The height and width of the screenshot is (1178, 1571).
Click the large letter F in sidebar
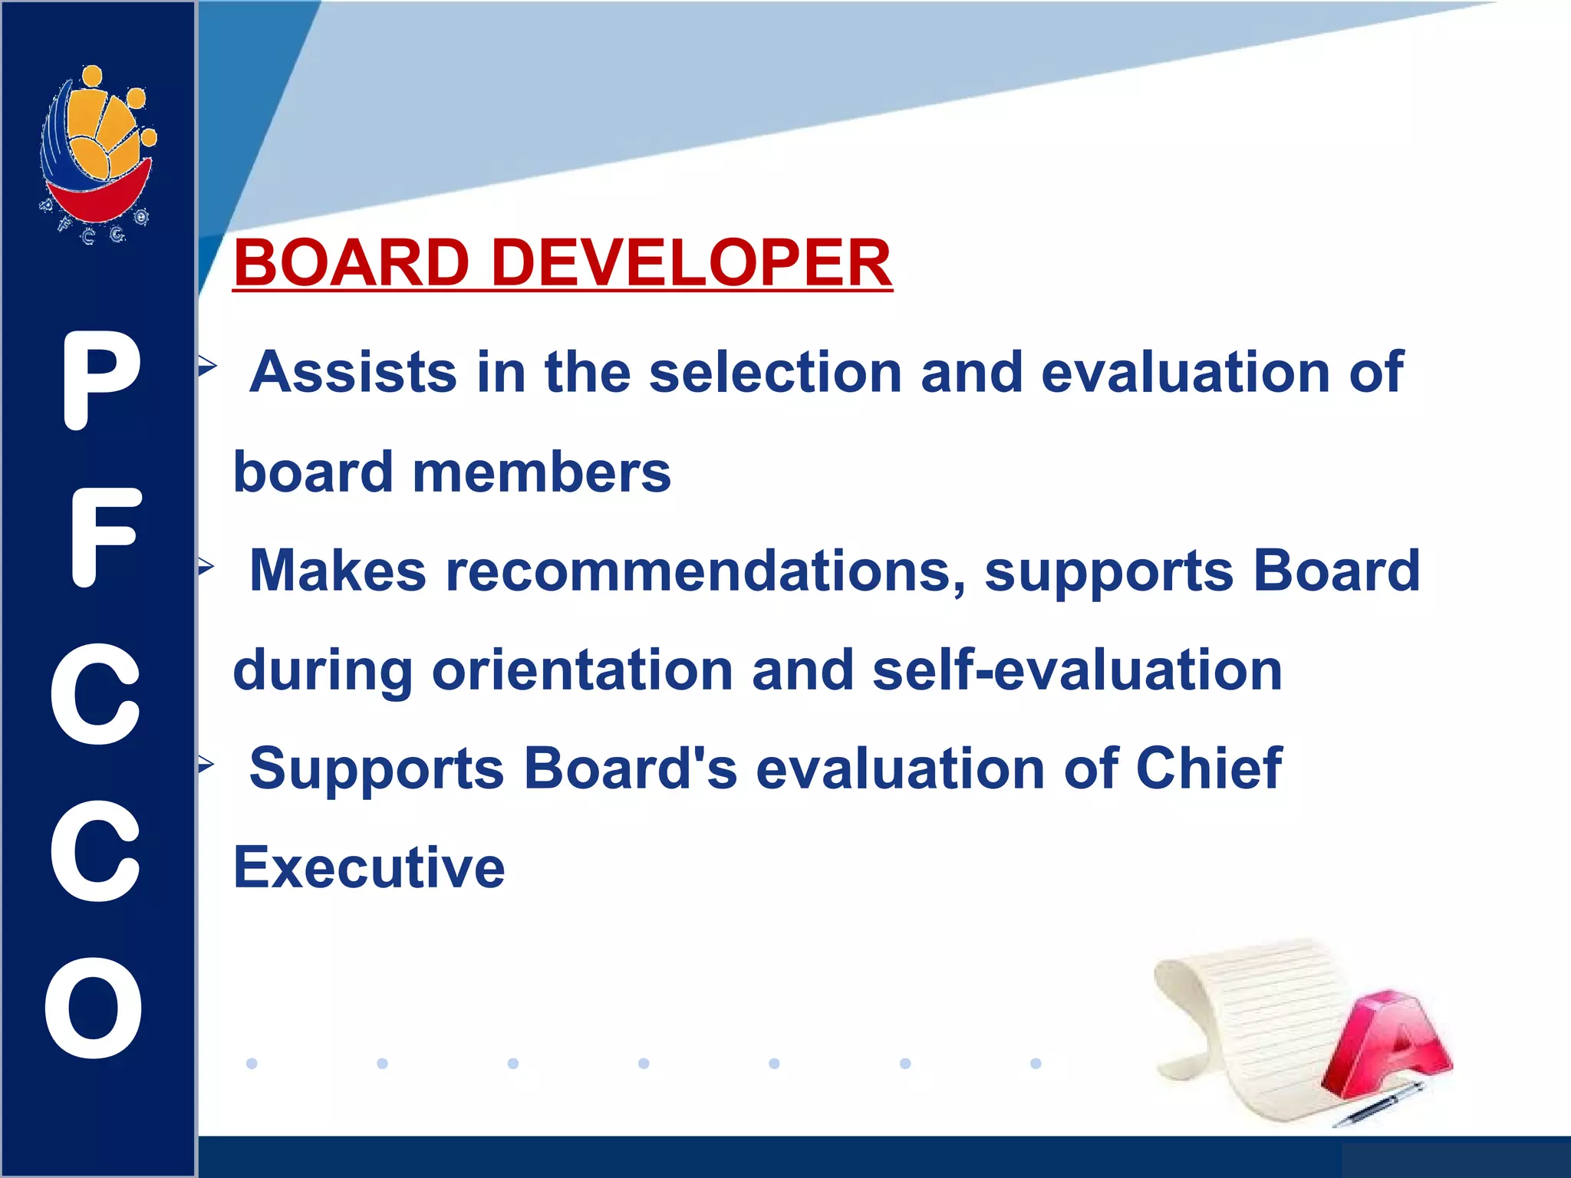pyautogui.click(x=106, y=537)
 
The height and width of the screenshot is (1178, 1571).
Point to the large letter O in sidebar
pyautogui.click(x=94, y=1008)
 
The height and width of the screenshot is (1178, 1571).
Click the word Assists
pyautogui.click(x=354, y=373)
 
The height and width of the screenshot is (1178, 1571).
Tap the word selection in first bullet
pyautogui.click(x=776, y=373)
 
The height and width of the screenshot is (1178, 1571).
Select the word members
pyautogui.click(x=542, y=472)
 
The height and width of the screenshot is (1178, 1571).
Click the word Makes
pyautogui.click(x=338, y=571)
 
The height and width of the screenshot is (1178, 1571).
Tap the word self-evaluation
pyautogui.click(x=1077, y=670)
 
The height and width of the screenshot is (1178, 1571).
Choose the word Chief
pyautogui.click(x=1208, y=768)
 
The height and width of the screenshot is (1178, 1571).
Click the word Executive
pyautogui.click(x=369, y=868)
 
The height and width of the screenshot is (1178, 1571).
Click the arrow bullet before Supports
pyautogui.click(x=206, y=765)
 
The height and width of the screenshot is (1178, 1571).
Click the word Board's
pyautogui.click(x=630, y=768)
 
